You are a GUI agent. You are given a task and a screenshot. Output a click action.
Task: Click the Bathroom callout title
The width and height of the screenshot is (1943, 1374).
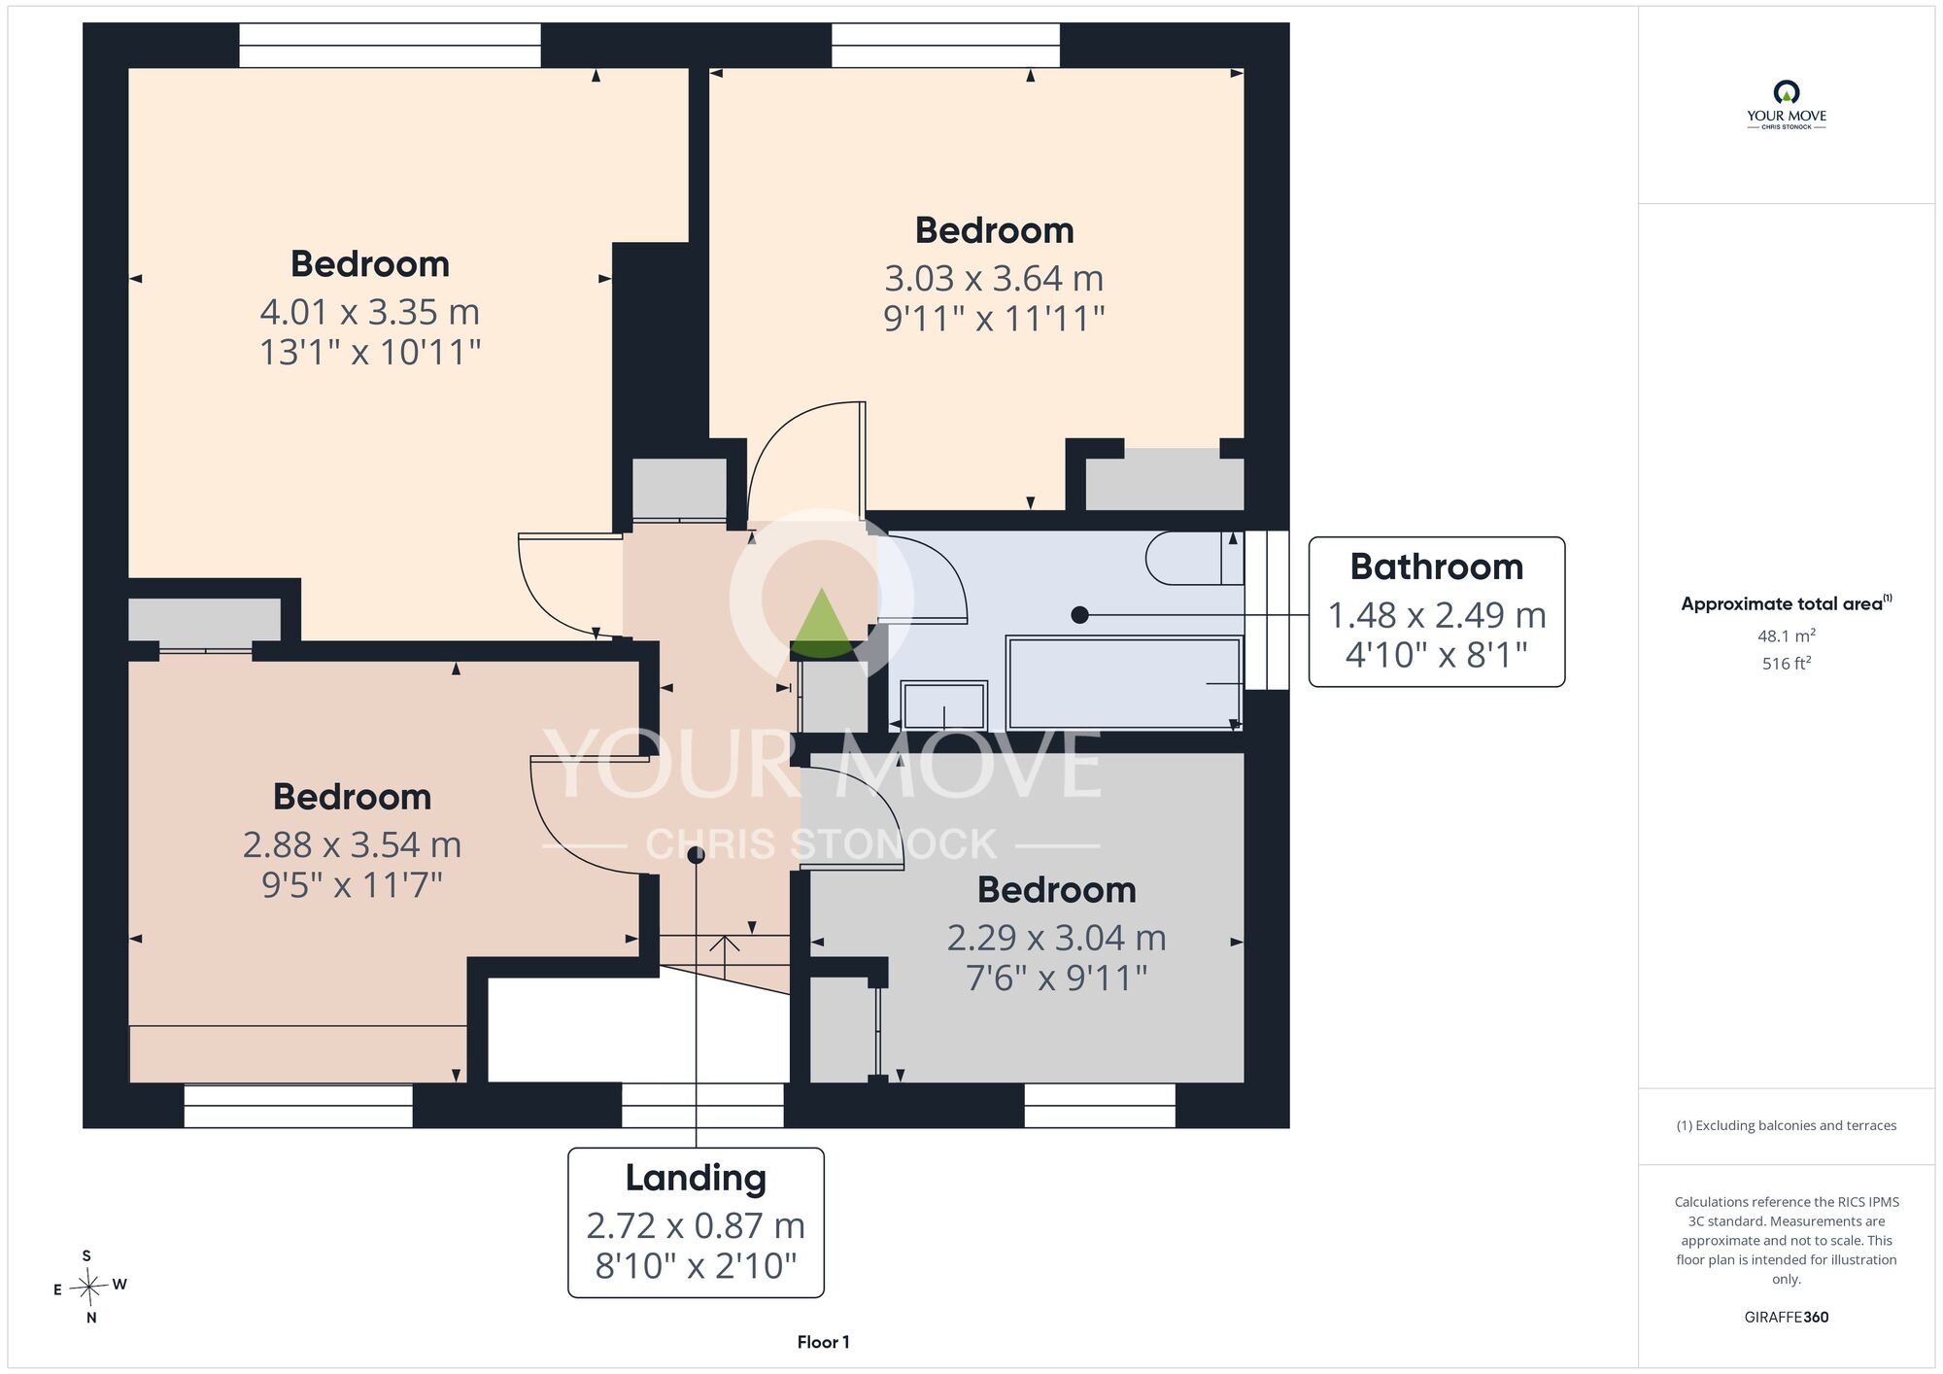pos(1436,567)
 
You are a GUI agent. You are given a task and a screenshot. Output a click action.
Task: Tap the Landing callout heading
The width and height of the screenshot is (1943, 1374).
pos(696,1178)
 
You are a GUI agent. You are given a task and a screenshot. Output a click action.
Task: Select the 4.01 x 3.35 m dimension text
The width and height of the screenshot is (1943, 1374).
pos(370,312)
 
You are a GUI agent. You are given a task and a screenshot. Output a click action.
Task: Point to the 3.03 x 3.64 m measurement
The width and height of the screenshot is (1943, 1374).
pos(994,279)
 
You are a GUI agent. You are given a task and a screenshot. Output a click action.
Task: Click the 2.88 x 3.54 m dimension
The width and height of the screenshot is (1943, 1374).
pos(352,845)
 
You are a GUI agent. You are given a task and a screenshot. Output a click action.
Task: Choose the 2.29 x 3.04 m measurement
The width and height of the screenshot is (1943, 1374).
pos(1057,938)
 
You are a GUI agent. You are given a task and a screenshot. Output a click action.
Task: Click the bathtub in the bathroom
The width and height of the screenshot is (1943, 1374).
pos(1125,682)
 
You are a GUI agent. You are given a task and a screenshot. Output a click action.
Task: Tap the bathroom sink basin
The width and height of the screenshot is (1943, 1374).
pos(943,704)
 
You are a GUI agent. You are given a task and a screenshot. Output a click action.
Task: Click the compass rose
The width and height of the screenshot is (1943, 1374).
pos(88,1288)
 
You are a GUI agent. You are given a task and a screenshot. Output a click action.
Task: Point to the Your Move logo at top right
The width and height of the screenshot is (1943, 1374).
pos(1787,105)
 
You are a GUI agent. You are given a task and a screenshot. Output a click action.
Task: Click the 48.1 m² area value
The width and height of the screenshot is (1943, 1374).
pos(1787,635)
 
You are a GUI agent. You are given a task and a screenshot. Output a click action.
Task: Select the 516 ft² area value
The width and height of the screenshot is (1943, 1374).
pos(1787,664)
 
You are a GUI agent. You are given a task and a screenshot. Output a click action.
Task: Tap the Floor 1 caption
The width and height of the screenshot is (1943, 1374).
pos(823,1342)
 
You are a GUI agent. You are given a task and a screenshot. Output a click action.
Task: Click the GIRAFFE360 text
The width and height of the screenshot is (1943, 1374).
pos(1787,1318)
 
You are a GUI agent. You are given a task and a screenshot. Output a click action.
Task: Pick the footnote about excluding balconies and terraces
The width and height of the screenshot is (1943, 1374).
pos(1787,1125)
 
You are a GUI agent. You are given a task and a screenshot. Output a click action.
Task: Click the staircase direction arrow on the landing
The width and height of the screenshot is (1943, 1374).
pos(725,956)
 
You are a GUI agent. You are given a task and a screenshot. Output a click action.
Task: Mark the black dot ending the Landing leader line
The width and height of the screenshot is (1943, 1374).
pos(696,855)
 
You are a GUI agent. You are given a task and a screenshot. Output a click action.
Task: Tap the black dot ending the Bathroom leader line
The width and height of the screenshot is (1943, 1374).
pos(1079,615)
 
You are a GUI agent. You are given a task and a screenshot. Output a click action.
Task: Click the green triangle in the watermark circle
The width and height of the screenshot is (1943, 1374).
pos(822,622)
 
